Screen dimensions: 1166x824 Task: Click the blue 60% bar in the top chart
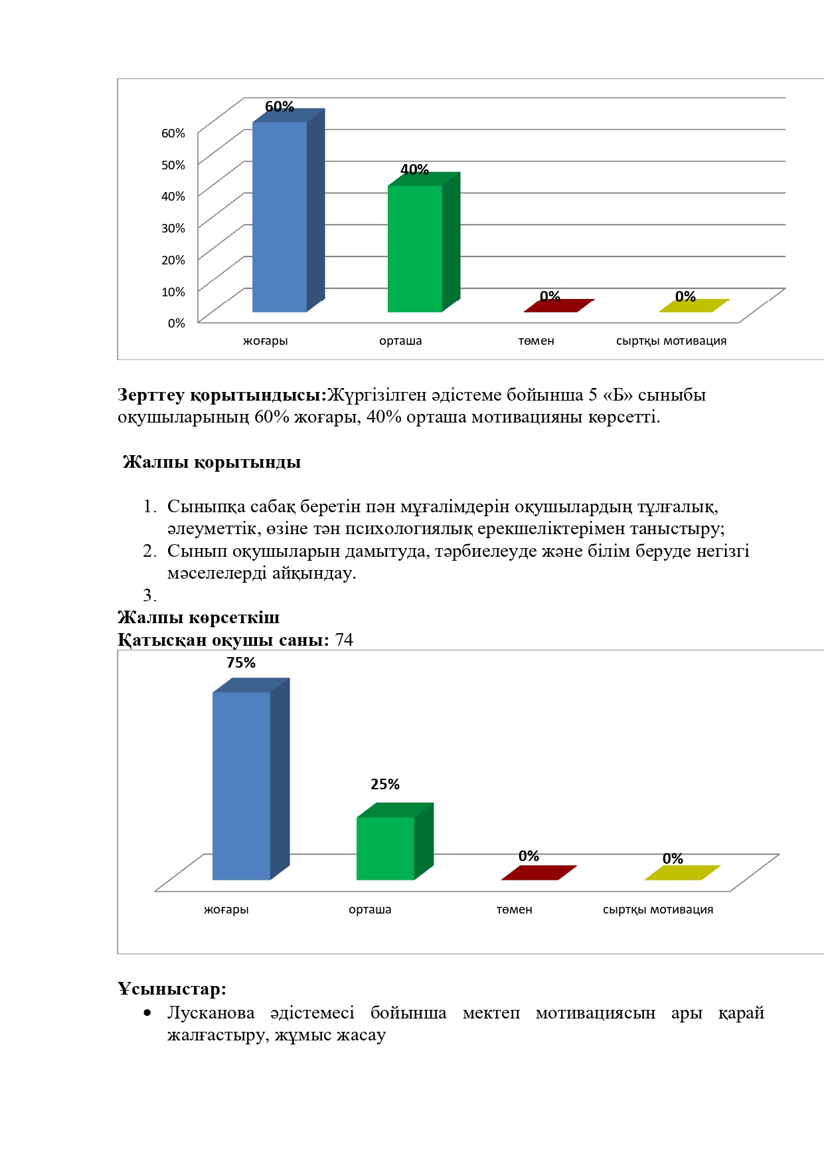point(280,217)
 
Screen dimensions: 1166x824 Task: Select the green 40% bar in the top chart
point(415,248)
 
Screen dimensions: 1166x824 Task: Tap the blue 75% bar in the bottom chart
point(242,785)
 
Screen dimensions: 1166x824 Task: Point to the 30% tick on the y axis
point(173,228)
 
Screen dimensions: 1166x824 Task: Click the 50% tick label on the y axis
point(173,165)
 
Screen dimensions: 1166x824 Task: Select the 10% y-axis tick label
point(173,292)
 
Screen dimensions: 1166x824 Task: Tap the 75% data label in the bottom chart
point(241,662)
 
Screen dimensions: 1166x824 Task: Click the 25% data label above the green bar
point(385,784)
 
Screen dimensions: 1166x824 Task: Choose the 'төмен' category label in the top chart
point(536,341)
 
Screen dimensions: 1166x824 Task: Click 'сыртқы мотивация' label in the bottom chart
point(658,910)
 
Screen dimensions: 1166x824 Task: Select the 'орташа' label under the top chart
point(400,341)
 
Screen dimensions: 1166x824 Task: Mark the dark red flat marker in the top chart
point(558,306)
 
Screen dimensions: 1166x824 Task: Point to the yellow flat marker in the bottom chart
point(682,872)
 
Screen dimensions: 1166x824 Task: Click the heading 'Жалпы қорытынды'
point(212,462)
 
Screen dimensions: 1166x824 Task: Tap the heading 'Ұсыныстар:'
point(172,989)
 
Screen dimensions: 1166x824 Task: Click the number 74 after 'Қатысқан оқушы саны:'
point(344,640)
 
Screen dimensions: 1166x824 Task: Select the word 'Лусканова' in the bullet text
point(210,1013)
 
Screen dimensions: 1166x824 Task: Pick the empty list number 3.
point(149,595)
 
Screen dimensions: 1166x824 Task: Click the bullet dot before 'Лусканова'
point(147,1013)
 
